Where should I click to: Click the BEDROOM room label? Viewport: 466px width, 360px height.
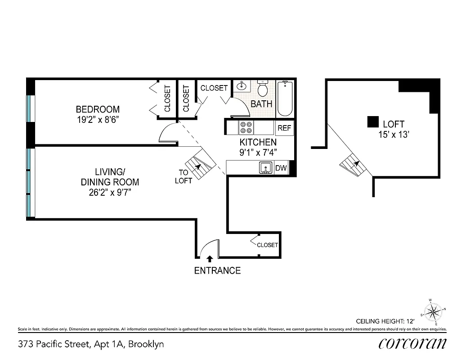coord(98,109)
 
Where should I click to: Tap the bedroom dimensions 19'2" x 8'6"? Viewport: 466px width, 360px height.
coord(98,120)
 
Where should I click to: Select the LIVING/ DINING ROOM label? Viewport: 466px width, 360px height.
coord(110,177)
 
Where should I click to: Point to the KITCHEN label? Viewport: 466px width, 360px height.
coord(258,143)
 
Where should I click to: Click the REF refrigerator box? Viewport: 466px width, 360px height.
coord(284,128)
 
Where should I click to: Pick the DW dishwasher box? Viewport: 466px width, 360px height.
coord(281,168)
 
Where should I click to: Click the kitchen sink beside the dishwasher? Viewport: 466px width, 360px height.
coord(266,168)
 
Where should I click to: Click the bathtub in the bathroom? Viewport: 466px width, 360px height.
coord(285,99)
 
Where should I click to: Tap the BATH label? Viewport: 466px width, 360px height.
coord(261,104)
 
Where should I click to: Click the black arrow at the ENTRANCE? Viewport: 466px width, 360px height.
coord(210,259)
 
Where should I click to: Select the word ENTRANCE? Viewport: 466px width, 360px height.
coord(217,270)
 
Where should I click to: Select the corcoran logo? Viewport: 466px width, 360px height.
coord(412,344)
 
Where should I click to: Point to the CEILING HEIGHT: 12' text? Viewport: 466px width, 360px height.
coord(385,321)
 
